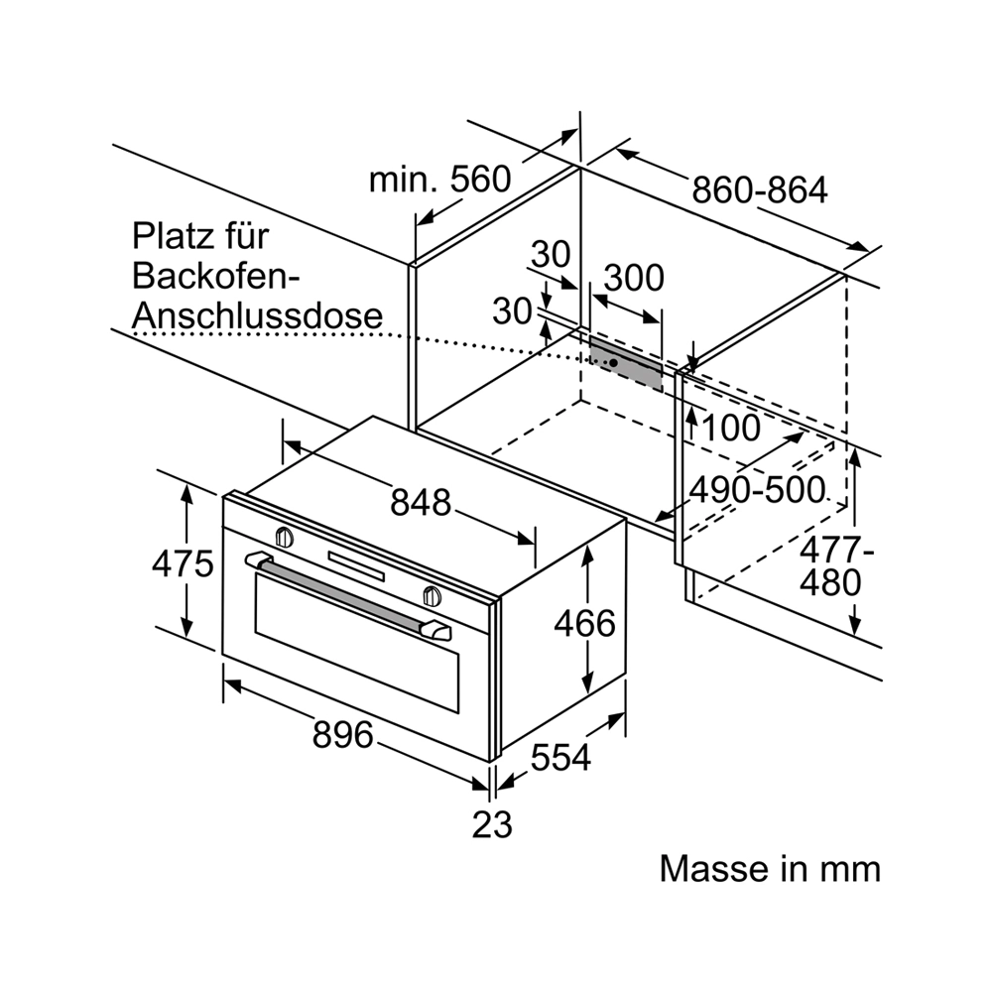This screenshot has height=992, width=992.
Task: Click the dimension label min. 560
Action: click(x=439, y=180)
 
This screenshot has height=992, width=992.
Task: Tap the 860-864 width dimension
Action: click(x=760, y=189)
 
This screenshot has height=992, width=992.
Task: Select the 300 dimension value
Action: click(x=634, y=278)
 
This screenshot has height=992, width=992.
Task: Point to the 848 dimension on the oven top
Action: click(x=421, y=502)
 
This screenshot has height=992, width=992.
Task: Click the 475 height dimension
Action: click(x=183, y=563)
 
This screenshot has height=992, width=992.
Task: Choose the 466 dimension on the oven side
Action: click(x=584, y=623)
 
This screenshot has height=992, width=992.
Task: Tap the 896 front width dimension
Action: click(x=343, y=735)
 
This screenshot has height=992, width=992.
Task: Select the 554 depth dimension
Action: click(x=560, y=757)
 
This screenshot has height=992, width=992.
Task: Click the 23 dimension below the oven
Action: click(x=492, y=825)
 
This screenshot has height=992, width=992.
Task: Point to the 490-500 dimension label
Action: click(x=757, y=490)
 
